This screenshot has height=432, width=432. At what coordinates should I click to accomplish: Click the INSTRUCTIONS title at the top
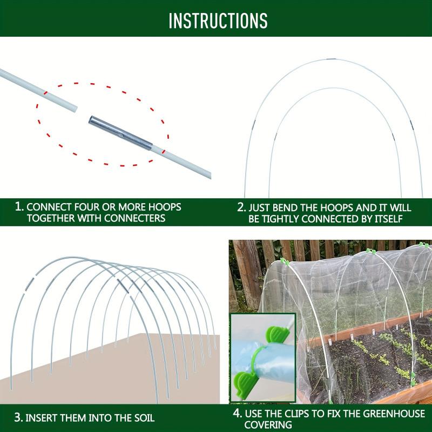click(x=218, y=20)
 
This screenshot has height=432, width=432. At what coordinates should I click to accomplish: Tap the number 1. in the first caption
click(x=19, y=207)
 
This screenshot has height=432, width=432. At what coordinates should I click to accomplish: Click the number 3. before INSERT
click(x=18, y=418)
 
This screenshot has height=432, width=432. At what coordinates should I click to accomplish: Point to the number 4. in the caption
click(x=237, y=414)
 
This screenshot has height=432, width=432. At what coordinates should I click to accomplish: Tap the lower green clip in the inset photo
click(x=248, y=379)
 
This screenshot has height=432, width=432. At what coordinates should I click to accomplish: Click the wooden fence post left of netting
click(x=246, y=270)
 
